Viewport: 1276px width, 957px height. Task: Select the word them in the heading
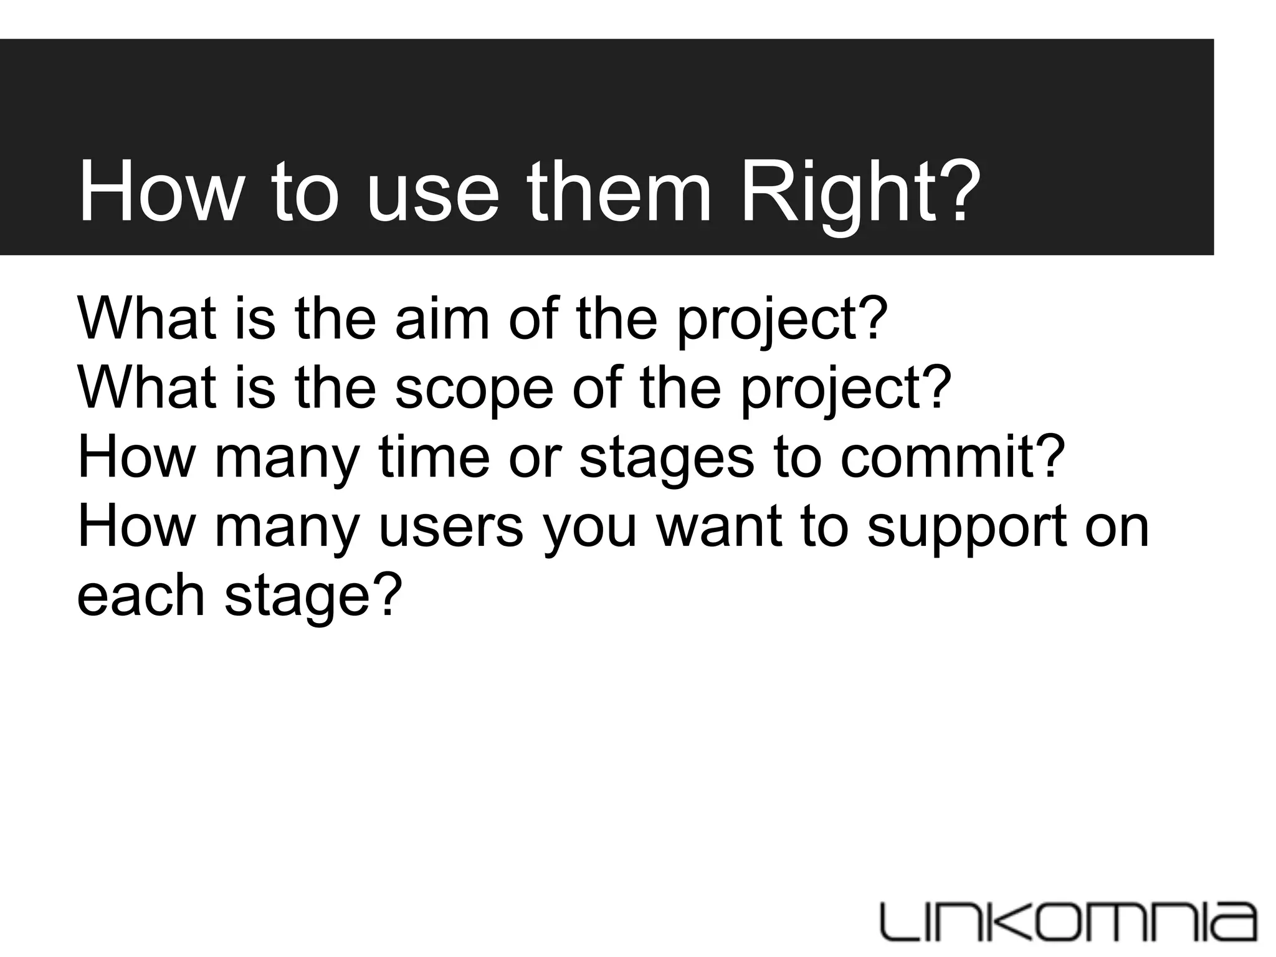619,191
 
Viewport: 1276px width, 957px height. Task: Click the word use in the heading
432,191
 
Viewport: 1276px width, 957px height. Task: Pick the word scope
474,388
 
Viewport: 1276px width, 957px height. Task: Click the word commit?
953,457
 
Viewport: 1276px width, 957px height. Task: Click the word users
450,526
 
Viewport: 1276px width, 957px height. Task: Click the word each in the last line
140,596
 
